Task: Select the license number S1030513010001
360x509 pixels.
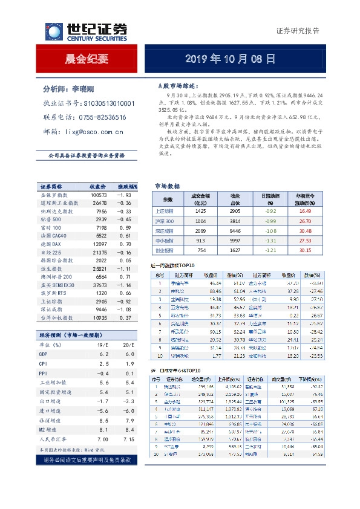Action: (111, 103)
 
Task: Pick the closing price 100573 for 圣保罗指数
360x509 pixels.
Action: (99, 195)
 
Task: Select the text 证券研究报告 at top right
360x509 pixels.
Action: (298, 30)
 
